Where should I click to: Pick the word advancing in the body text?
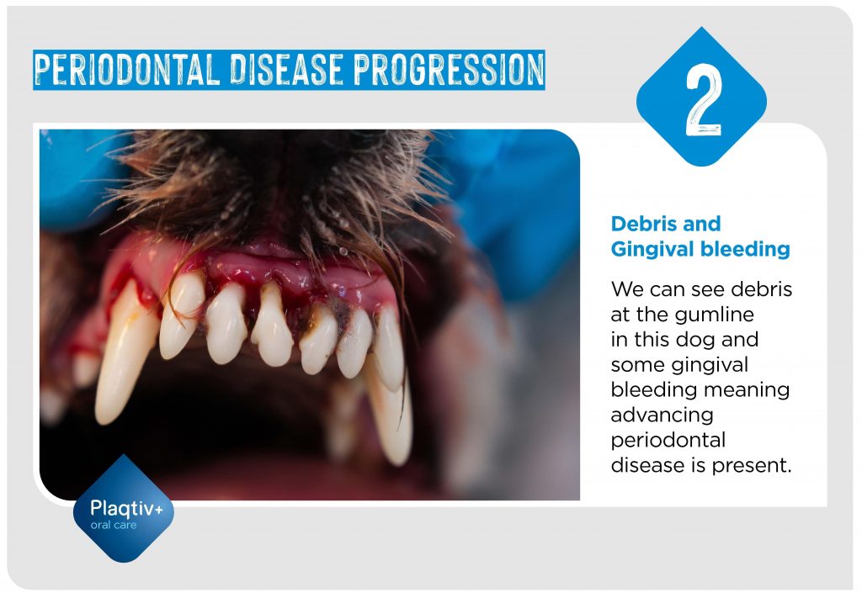pos(662,415)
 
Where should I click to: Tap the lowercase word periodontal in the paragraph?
pos(668,440)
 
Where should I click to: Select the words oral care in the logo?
pos(113,526)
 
